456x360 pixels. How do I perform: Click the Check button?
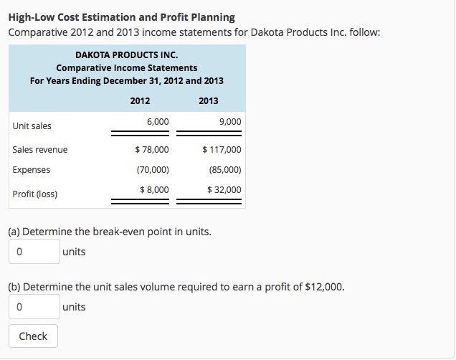pos(33,336)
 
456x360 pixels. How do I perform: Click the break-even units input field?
pos(34,252)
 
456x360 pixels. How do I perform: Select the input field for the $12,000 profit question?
pos(34,307)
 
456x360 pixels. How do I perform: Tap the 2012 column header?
pos(140,101)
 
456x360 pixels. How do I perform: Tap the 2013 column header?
pos(208,101)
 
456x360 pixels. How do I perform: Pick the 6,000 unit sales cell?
pos(157,123)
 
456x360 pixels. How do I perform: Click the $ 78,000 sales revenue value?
pos(152,150)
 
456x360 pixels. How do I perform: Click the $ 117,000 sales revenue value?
pos(222,150)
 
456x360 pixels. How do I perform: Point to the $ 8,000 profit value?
pos(154,189)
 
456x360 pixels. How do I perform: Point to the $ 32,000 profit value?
pos(224,189)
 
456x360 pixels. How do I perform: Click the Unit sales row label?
pos(32,126)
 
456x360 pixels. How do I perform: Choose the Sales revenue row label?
pos(40,150)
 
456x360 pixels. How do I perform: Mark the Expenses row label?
pos(32,170)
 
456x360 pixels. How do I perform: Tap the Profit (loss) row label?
pos(35,194)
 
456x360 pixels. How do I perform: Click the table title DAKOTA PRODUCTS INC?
pos(127,55)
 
